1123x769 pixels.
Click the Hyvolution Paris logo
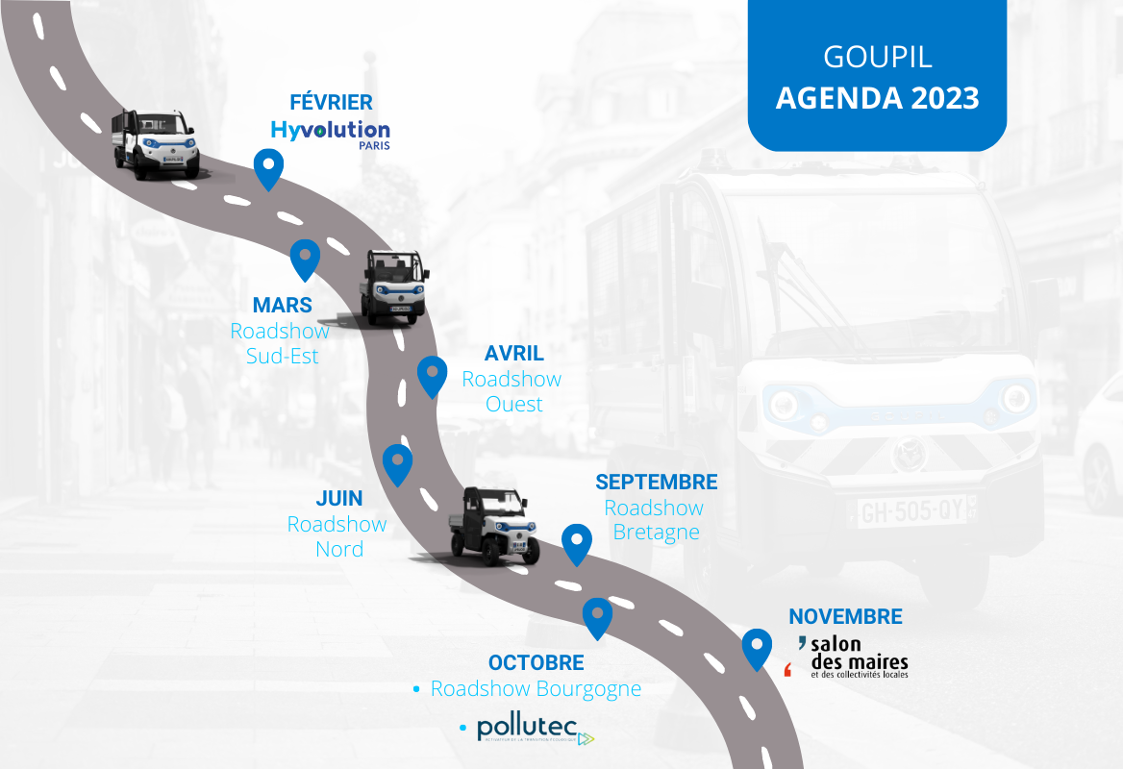(330, 133)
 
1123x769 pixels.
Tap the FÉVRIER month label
(331, 102)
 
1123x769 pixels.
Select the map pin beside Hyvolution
(268, 167)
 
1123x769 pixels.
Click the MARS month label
(282, 306)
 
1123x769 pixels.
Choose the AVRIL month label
(513, 354)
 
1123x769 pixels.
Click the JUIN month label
(339, 499)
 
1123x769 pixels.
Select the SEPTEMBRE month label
(656, 482)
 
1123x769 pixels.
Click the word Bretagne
(656, 533)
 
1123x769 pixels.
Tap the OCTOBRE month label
(536, 663)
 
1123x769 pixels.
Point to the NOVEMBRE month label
(845, 617)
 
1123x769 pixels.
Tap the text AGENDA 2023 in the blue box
(877, 98)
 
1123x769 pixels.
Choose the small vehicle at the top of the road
(156, 144)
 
